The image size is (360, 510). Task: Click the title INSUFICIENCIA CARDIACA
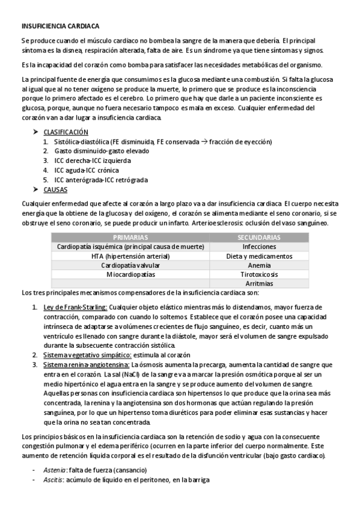pyautogui.click(x=60, y=26)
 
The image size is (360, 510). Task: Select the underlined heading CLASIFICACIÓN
pyautogui.click(x=66, y=132)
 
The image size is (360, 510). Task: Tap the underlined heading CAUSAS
pyautogui.click(x=55, y=189)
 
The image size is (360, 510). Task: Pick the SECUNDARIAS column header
pyautogui.click(x=259, y=238)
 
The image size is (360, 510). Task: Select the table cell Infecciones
pyautogui.click(x=259, y=247)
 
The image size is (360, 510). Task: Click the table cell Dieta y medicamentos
pyautogui.click(x=259, y=256)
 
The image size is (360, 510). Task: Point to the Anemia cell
pyautogui.click(x=259, y=265)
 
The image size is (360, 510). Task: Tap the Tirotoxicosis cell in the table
pyautogui.click(x=259, y=274)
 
